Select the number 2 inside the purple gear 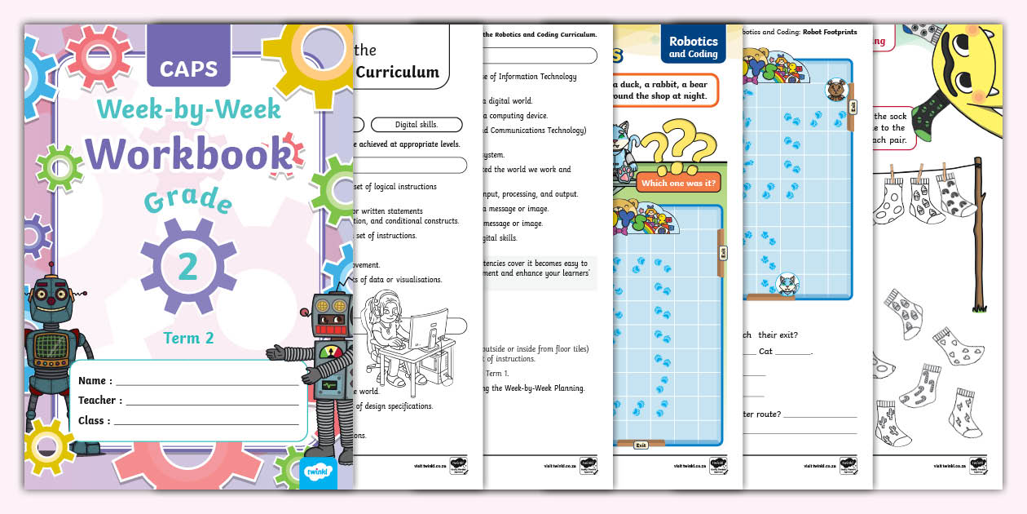point(188,267)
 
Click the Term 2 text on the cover point(188,338)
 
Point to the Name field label point(95,381)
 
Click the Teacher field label point(100,401)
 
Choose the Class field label point(95,421)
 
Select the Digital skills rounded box point(416,125)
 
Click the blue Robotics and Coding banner point(693,47)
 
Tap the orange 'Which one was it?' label point(678,183)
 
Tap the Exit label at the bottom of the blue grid point(641,445)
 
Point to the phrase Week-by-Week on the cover point(189,109)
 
